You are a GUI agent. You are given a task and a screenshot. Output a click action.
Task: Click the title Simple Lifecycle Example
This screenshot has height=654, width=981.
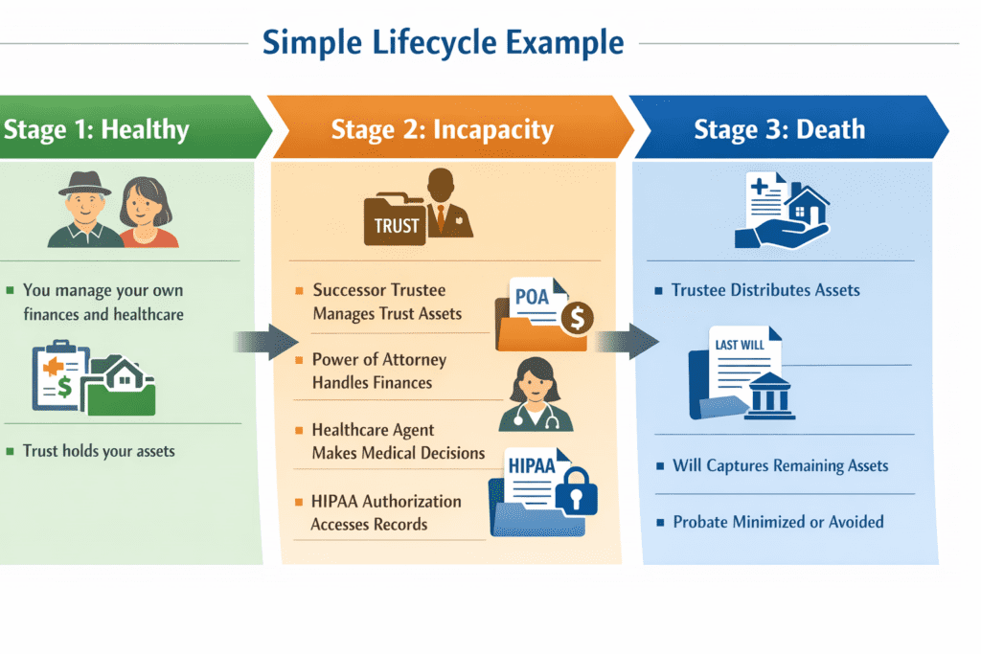tap(443, 43)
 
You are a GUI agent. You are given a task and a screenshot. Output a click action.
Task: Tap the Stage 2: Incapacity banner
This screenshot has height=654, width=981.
tap(442, 129)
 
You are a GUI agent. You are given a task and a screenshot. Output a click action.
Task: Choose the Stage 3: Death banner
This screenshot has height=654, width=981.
tap(780, 129)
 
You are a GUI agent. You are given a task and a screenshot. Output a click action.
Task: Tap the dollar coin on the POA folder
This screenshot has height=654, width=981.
tap(577, 319)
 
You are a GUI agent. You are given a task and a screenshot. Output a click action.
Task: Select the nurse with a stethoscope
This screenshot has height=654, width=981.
tap(535, 395)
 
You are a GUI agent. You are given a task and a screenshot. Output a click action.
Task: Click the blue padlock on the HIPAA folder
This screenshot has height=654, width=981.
tap(577, 493)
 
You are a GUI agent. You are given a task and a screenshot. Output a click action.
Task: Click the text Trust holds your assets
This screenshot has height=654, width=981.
tap(99, 451)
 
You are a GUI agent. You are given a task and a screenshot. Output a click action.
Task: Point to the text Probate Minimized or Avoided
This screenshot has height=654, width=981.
tap(778, 522)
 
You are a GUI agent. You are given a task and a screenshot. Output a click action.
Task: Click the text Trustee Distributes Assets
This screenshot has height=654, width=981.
tap(765, 290)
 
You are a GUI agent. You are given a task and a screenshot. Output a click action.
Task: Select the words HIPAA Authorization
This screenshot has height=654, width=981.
tap(386, 501)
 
